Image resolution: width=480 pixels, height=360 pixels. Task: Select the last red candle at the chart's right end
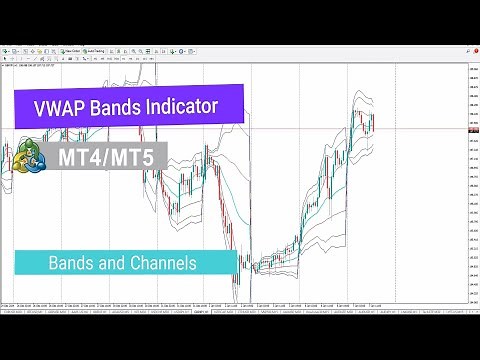click(x=372, y=124)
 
